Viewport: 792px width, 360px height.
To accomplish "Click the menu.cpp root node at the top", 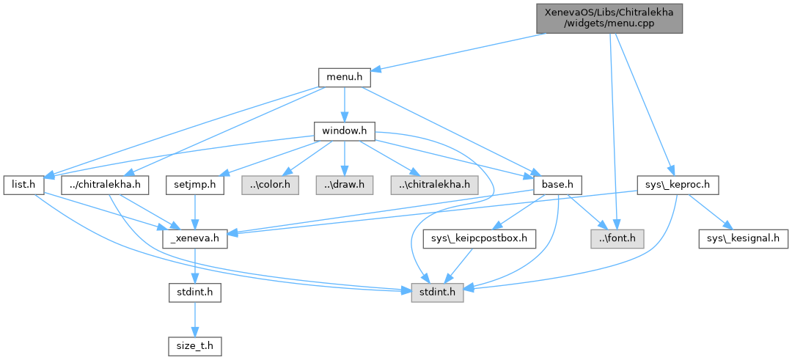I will (609, 17).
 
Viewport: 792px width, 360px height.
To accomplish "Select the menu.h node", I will (344, 77).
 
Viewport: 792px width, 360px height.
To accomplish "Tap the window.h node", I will (344, 131).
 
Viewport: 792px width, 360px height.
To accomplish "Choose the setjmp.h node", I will (194, 185).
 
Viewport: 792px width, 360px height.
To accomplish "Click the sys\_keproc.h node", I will (677, 185).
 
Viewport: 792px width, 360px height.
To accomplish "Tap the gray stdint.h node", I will (436, 293).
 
